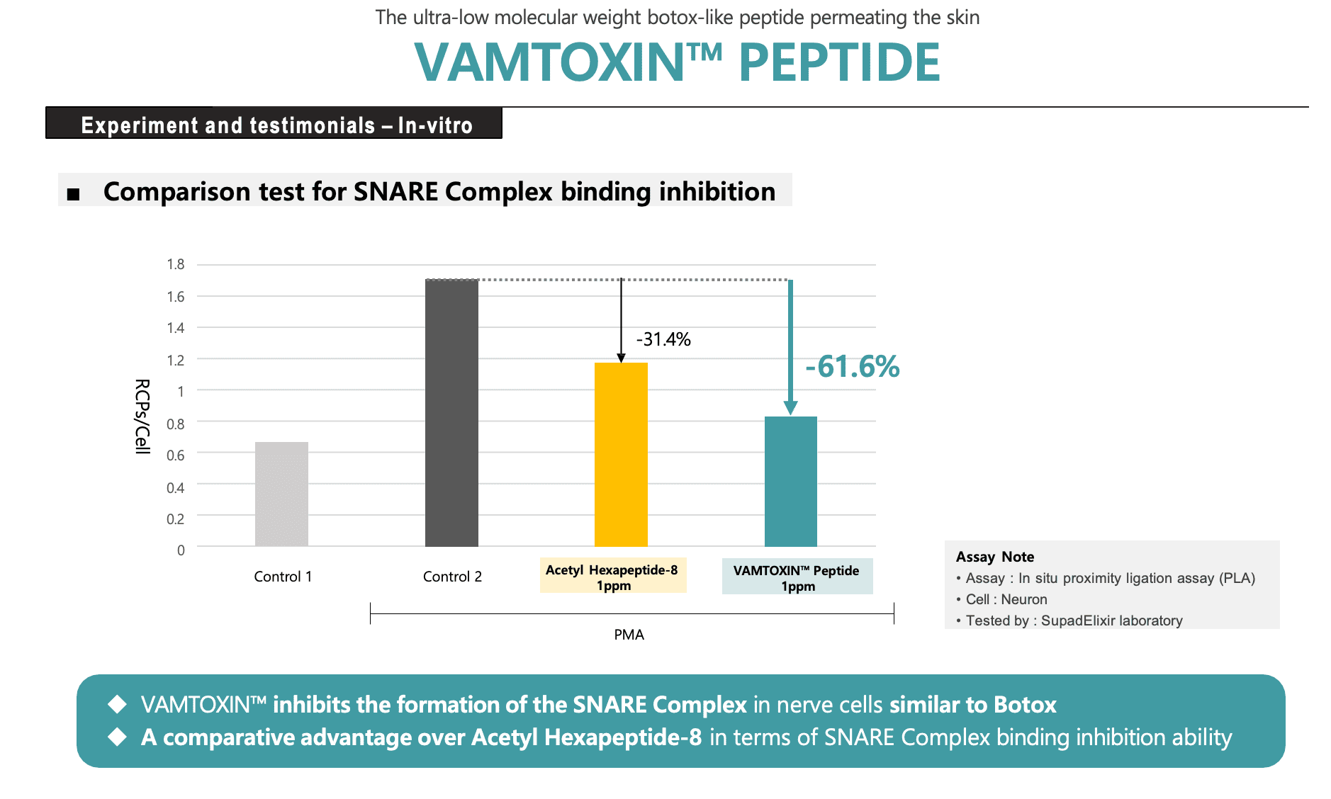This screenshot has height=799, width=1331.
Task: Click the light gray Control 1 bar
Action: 281,494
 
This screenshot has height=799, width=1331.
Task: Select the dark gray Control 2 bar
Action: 451,413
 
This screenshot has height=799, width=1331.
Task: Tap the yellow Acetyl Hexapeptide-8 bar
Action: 621,454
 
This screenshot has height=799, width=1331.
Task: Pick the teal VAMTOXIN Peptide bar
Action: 790,481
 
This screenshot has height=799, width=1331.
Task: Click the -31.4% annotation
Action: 663,339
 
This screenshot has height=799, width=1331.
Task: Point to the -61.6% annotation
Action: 853,367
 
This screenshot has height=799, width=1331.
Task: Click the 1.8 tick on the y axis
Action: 176,264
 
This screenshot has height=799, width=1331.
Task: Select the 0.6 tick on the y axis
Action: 176,455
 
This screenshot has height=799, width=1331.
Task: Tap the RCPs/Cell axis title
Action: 142,416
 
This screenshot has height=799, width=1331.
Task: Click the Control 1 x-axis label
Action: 283,577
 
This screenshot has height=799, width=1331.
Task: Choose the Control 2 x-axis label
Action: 452,577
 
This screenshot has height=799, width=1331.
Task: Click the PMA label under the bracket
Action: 629,635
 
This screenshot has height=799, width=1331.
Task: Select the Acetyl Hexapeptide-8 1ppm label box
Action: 613,577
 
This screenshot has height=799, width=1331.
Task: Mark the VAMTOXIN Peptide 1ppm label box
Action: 797,578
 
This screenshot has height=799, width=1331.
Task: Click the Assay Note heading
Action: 994,557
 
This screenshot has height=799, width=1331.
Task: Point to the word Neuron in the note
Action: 1023,599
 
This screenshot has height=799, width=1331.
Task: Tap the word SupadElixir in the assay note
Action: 1077,620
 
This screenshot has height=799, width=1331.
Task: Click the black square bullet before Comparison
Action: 73,194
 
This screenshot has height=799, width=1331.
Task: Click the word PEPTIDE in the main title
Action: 839,63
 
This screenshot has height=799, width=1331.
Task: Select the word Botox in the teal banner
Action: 1025,705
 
